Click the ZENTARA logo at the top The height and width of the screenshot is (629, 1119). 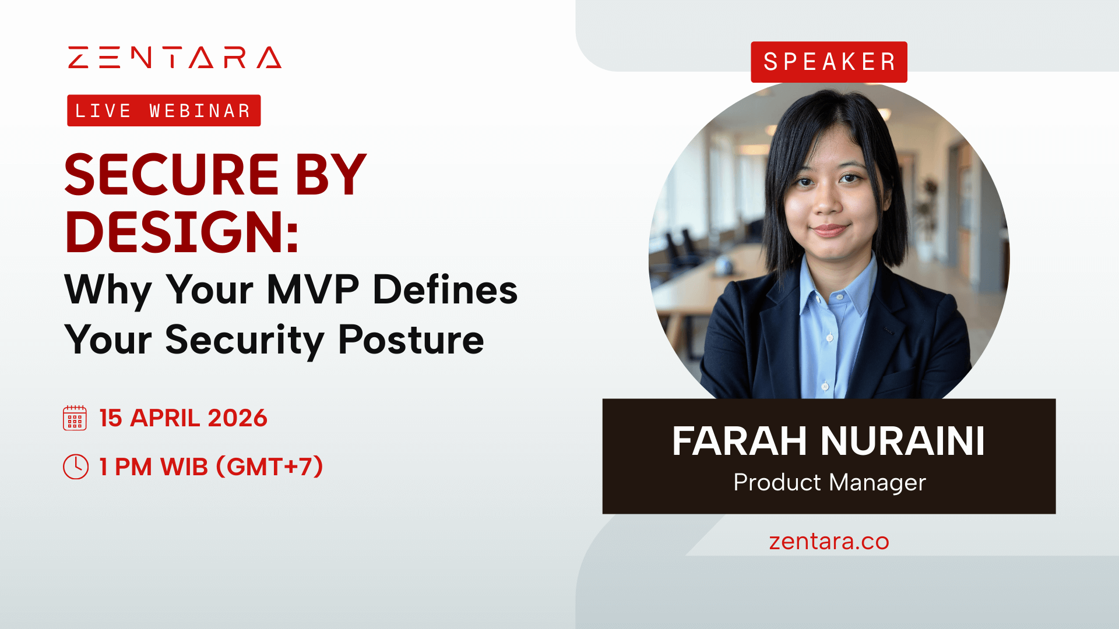point(175,58)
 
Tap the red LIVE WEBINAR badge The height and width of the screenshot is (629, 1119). point(164,111)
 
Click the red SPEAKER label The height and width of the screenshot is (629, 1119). point(829,62)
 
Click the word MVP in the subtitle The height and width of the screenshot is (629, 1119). point(313,289)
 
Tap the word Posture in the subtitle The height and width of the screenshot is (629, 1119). point(411,340)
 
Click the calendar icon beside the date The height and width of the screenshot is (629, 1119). point(75,418)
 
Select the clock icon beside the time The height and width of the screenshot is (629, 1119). point(76,467)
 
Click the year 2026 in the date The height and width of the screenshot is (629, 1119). point(237,418)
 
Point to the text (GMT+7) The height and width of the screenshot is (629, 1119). point(269,467)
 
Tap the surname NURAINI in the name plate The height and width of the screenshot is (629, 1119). point(903,441)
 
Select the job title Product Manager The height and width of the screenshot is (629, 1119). point(829,482)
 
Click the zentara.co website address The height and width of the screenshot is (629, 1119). point(829,542)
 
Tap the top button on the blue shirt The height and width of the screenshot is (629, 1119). point(840,297)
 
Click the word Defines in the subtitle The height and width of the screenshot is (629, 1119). point(445,289)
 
